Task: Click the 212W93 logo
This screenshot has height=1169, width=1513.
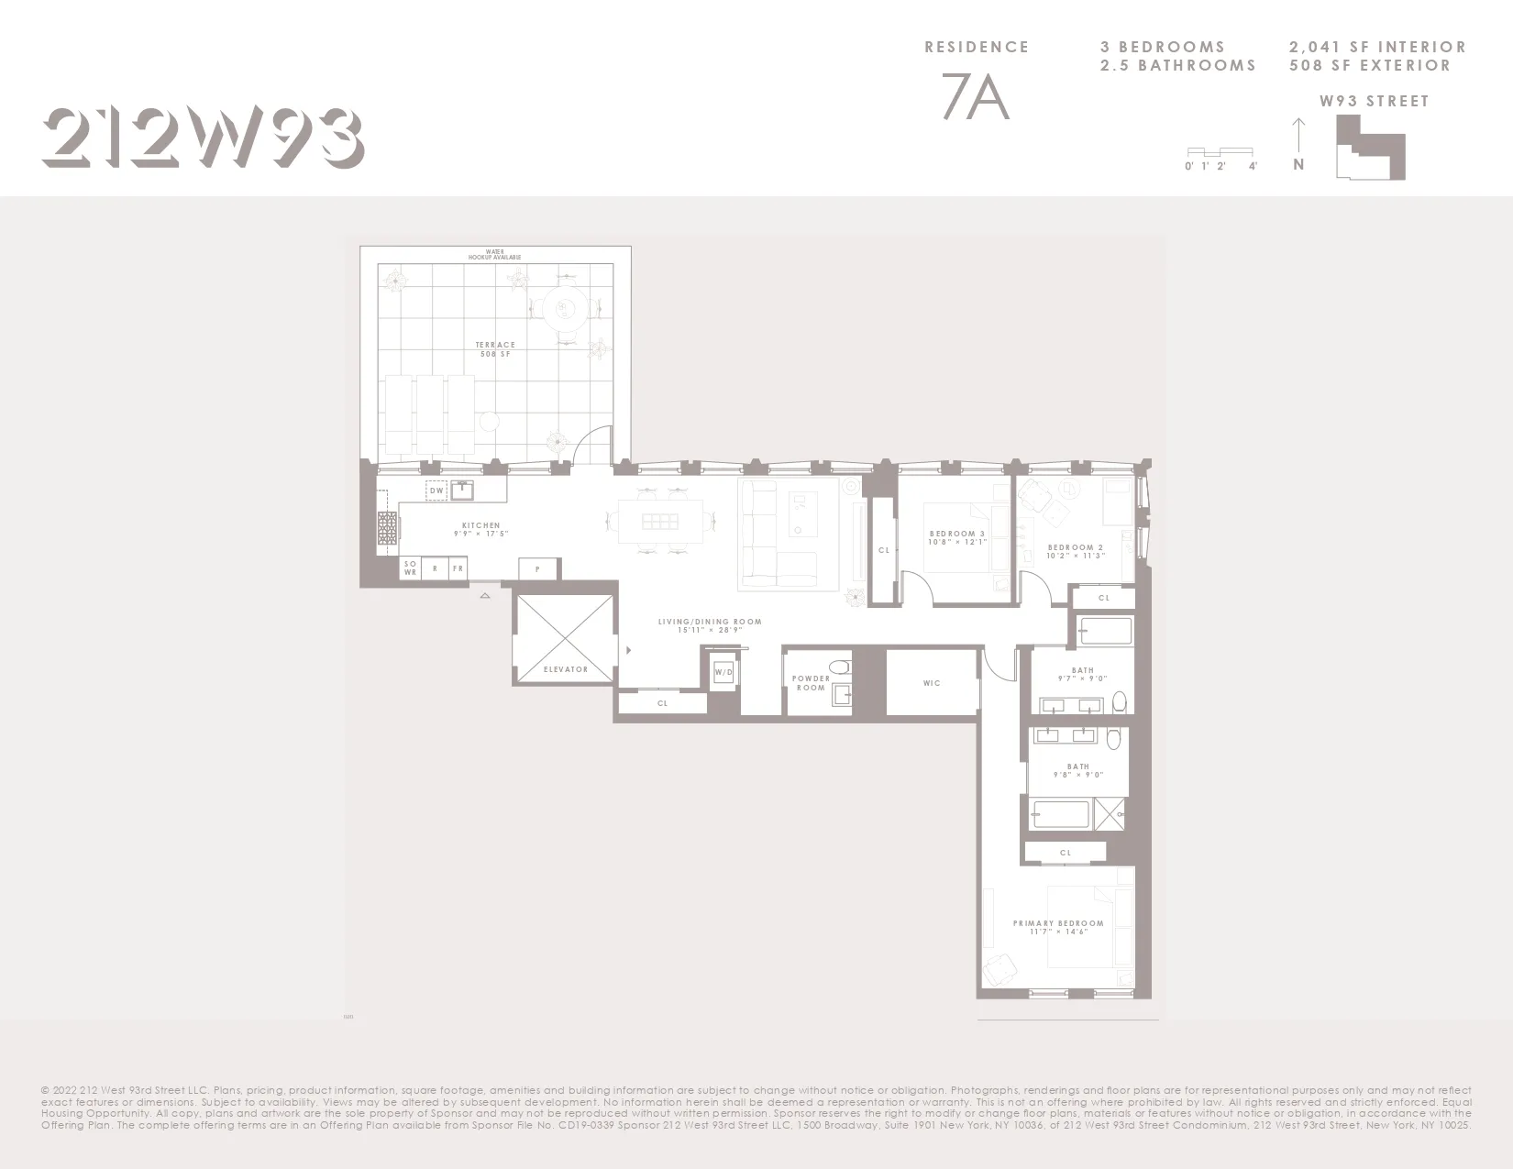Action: point(203,138)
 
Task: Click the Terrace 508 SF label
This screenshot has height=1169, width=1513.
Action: point(495,349)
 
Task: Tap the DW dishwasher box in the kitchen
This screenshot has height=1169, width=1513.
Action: point(436,491)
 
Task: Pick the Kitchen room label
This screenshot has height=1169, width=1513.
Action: point(480,529)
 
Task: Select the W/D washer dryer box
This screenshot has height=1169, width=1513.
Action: point(723,673)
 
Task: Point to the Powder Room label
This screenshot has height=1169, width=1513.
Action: point(811,683)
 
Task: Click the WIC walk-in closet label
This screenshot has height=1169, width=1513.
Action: point(932,683)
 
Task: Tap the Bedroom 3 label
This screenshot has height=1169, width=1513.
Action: point(957,537)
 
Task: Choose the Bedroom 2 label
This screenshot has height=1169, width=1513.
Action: point(1076,551)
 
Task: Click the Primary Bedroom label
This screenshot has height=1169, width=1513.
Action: point(1058,927)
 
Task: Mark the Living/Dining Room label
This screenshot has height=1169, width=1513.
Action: point(710,626)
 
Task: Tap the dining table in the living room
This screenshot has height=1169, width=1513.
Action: point(659,522)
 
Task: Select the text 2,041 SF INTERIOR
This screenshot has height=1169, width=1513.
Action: point(1377,47)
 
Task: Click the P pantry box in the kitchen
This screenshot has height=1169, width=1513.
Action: point(537,569)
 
